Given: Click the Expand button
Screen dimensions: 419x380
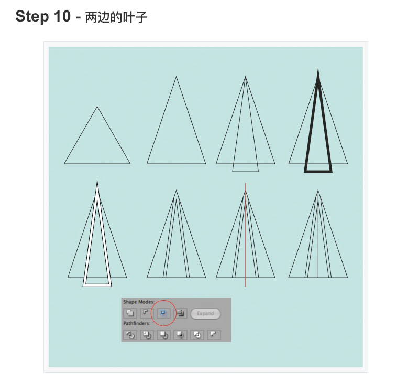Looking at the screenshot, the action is (205, 313).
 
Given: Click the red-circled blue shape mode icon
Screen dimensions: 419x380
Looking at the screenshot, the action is (163, 313).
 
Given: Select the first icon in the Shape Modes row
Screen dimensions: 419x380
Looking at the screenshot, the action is (130, 313).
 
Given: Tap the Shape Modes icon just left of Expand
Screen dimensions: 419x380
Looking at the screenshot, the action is (181, 313).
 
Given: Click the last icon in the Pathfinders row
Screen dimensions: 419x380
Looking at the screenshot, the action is (214, 335).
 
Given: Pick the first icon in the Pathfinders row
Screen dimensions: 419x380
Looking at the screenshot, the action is (130, 335).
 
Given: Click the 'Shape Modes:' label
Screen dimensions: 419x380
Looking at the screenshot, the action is (139, 302).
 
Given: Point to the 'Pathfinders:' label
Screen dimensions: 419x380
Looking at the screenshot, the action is (137, 323).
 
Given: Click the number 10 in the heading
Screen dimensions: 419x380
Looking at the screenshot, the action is (62, 17).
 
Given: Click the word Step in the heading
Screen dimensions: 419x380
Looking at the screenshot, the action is (32, 17).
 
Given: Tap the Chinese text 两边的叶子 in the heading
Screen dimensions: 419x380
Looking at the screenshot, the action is (116, 17).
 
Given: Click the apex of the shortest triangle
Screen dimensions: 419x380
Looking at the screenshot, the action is (97, 107).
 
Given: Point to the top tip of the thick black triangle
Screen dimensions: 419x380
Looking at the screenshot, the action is (318, 68).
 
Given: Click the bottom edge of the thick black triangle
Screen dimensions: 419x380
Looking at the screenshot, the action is (318, 172).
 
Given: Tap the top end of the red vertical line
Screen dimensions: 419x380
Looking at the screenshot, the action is (246, 183).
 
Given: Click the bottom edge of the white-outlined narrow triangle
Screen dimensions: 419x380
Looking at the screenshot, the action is (97, 285).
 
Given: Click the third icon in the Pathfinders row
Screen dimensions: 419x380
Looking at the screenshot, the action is (163, 335).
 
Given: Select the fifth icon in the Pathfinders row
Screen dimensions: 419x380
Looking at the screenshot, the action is (197, 335).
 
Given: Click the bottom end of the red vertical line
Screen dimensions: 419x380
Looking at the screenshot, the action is (246, 287).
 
